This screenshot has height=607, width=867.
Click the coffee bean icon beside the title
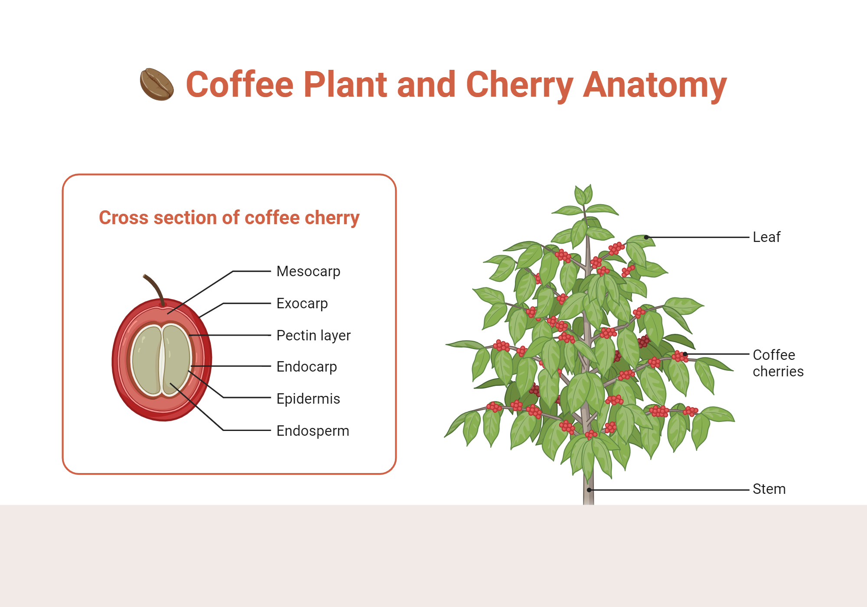[x=157, y=84]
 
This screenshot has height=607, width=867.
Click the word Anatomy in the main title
[x=655, y=85]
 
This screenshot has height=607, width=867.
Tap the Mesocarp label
[x=308, y=271]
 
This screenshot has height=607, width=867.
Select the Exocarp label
[x=302, y=303]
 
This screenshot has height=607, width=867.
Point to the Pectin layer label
[x=313, y=336]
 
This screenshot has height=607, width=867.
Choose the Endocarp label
[x=306, y=367]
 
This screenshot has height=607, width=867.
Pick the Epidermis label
[x=308, y=399]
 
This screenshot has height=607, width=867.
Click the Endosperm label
[x=313, y=431]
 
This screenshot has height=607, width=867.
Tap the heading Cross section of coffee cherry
[x=229, y=218]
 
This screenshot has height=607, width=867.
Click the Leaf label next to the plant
[x=766, y=237]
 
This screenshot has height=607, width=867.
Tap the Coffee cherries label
[x=778, y=363]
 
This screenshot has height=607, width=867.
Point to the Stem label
[x=769, y=489]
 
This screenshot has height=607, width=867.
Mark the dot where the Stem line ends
[x=589, y=490]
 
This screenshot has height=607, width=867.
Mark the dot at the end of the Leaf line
[x=646, y=237]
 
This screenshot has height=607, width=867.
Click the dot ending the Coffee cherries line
[x=685, y=354]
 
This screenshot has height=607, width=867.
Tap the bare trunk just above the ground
[x=588, y=496]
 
